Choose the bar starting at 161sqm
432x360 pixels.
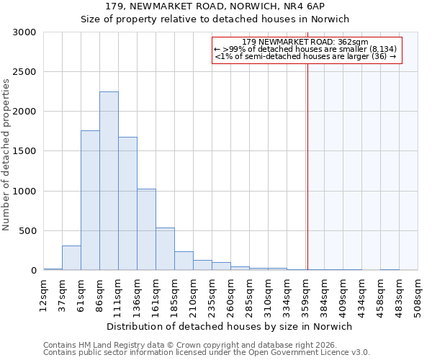pos(165,249)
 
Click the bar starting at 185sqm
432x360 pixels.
pos(184,261)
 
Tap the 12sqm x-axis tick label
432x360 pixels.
pos(43,294)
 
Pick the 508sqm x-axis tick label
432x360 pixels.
pos(418,294)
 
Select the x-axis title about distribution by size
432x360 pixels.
pos(230,326)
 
